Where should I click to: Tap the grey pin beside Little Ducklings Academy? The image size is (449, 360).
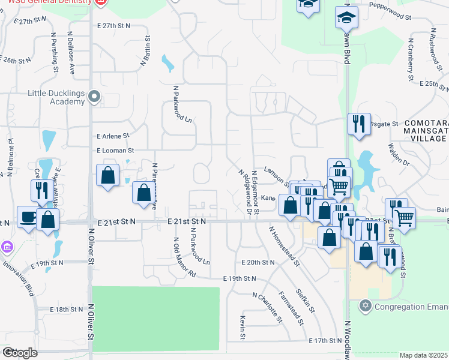(94, 96)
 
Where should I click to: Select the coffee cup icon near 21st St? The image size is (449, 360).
(27, 217)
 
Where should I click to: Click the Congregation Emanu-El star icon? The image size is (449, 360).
(364, 307)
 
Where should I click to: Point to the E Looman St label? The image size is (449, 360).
(111, 150)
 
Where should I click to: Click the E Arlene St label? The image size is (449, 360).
(109, 136)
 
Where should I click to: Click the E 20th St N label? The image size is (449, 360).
(258, 263)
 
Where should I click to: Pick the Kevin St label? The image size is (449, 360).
(243, 327)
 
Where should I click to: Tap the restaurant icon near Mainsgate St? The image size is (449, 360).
(359, 124)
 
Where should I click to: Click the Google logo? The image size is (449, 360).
(20, 352)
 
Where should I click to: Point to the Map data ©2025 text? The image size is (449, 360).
(423, 355)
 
